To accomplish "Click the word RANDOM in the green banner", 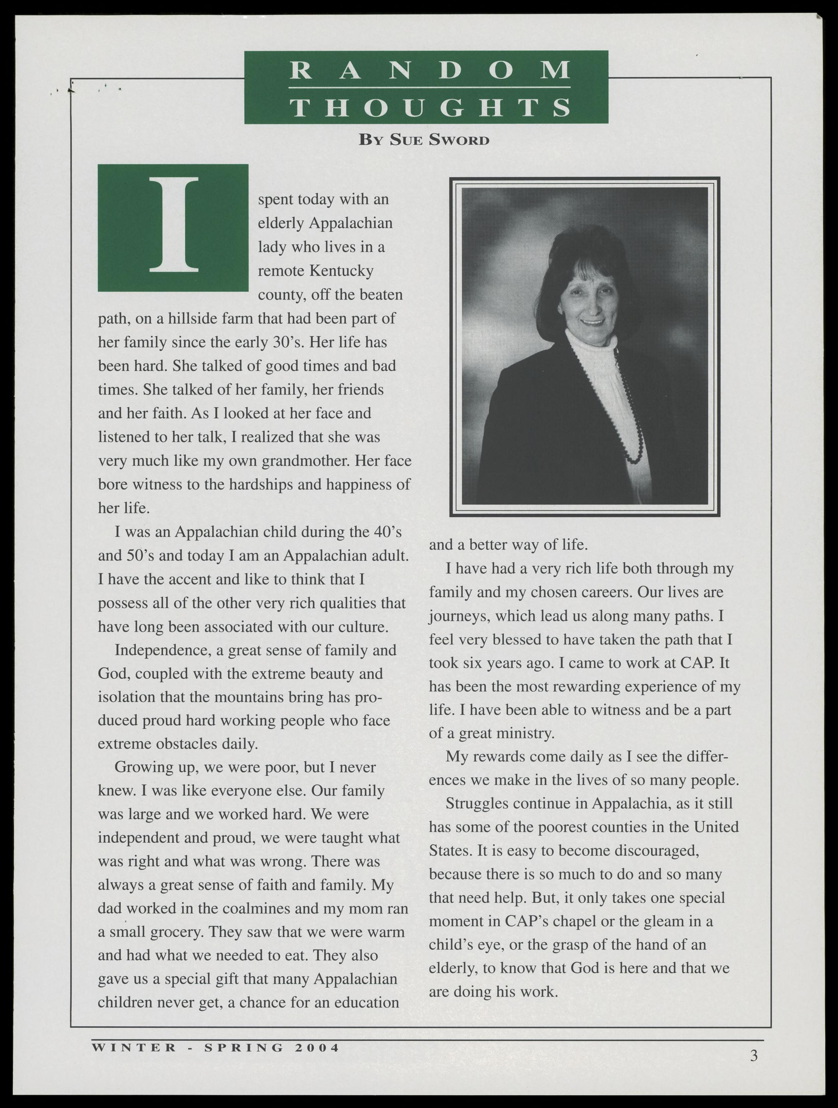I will pos(430,70).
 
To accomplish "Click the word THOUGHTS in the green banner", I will pos(430,108).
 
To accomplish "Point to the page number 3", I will pos(754,1056).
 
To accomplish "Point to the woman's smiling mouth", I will pos(592,322).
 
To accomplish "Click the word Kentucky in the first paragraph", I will pos(341,271).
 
